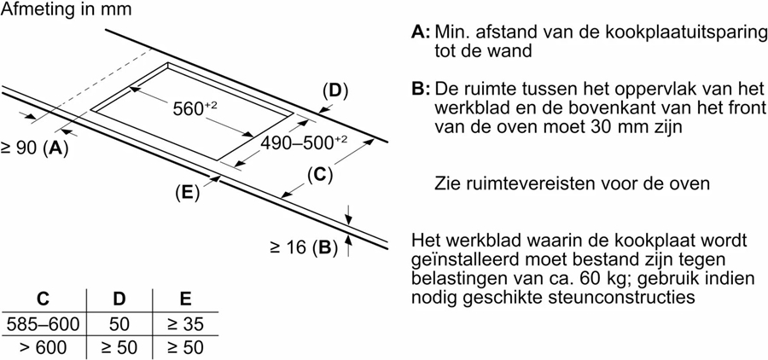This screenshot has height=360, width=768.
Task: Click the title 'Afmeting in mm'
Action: (x=66, y=11)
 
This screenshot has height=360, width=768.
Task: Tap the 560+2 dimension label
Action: (x=195, y=108)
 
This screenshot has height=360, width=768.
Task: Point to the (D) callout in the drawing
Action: (x=335, y=90)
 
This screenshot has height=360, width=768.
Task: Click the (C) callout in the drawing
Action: (x=318, y=176)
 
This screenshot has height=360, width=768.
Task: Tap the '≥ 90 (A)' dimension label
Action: (x=34, y=148)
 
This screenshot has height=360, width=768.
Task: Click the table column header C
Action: (x=42, y=299)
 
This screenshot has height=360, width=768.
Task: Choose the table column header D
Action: (x=119, y=299)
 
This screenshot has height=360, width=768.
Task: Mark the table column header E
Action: (x=184, y=299)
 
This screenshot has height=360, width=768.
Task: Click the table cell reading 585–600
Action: (x=43, y=324)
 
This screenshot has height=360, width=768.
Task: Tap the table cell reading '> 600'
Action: (x=43, y=348)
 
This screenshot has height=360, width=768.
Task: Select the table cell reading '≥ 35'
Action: (x=184, y=324)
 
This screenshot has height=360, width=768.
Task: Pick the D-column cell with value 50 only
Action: (x=119, y=324)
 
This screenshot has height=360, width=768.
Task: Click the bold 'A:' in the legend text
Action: (x=421, y=32)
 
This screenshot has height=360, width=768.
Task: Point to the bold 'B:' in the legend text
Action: (x=421, y=90)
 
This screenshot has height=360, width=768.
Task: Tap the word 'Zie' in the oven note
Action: (x=449, y=183)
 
